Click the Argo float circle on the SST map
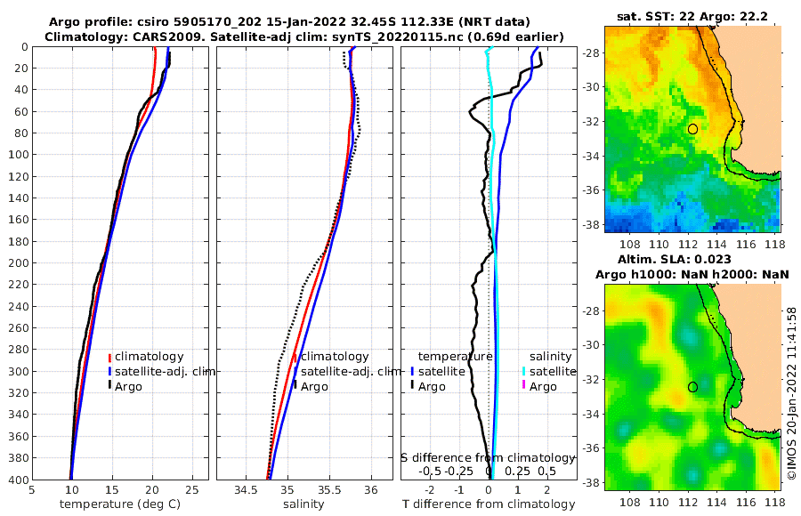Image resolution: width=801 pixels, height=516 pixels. (692, 129)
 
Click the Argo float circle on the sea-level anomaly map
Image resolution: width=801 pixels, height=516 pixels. (692, 387)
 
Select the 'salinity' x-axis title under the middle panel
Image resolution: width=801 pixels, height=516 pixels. (303, 504)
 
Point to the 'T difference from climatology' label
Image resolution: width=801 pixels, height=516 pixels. (489, 504)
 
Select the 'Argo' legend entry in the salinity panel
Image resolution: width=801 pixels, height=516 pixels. (313, 386)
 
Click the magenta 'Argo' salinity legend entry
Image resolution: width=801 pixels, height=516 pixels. (541, 386)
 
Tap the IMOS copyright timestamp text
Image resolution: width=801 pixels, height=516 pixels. (791, 395)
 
